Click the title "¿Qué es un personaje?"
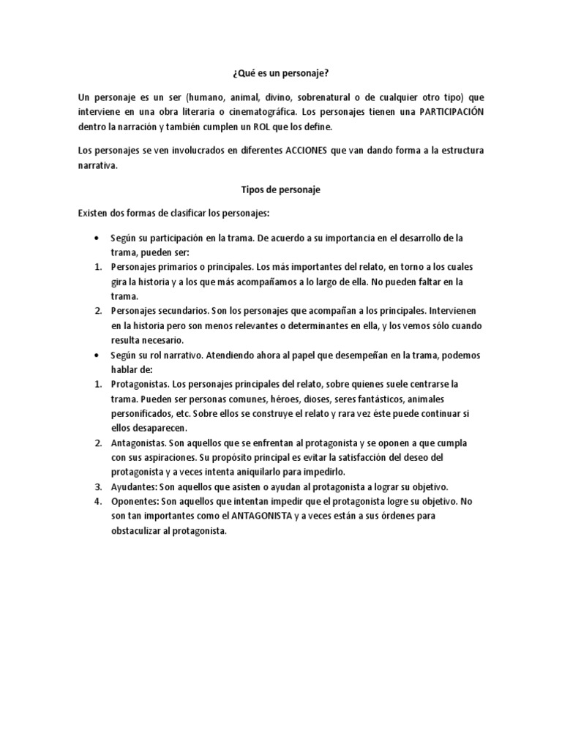281,74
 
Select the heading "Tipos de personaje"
281,189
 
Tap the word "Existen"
94,213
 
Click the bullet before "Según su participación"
97,238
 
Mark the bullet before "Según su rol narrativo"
97,355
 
